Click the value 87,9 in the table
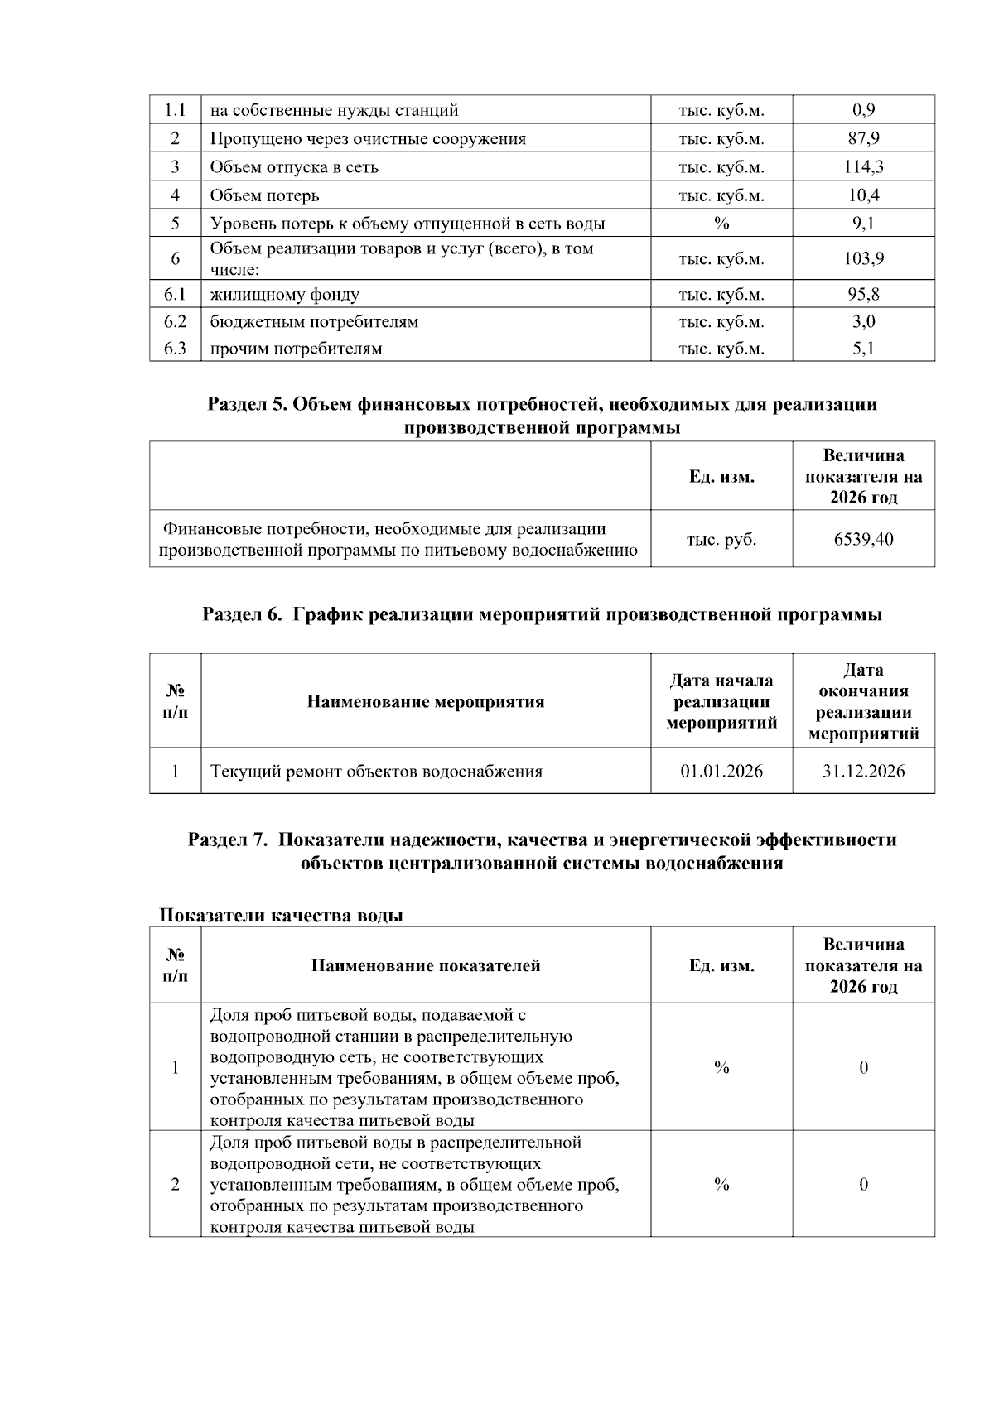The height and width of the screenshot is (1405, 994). (x=863, y=138)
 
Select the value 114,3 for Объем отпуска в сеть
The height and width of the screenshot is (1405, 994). (x=863, y=166)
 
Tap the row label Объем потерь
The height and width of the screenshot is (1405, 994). (x=264, y=195)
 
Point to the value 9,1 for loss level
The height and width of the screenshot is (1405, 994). (x=863, y=223)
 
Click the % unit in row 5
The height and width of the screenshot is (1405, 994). (x=721, y=223)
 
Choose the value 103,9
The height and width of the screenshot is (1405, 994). (x=863, y=258)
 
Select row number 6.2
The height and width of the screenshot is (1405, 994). (x=175, y=321)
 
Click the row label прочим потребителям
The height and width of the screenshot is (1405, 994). (x=296, y=349)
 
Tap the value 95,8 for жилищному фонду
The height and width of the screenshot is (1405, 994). (x=863, y=294)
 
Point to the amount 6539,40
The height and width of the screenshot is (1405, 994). (x=863, y=539)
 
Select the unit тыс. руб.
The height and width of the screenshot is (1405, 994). (x=721, y=539)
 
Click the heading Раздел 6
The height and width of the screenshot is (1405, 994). (x=542, y=614)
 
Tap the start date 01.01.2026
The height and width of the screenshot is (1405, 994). (x=721, y=771)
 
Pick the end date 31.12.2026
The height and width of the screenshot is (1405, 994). (x=863, y=771)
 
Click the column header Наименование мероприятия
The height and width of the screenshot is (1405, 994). (x=426, y=701)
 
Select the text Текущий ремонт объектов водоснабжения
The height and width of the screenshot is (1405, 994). (x=376, y=771)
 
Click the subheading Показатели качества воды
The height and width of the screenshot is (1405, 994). (x=281, y=915)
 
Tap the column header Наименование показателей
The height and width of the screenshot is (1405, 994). (x=426, y=965)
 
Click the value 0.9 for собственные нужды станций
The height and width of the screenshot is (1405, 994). (x=863, y=110)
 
